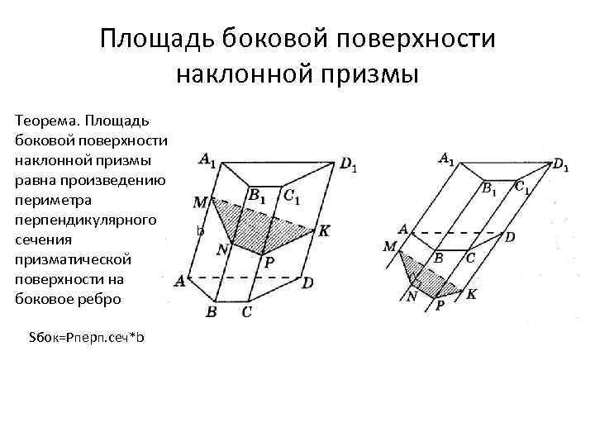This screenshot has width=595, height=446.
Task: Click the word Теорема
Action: coord(45,121)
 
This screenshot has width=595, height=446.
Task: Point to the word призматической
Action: coord(73,259)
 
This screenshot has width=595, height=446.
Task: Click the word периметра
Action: coord(53,200)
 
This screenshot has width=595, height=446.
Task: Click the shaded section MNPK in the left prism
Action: coord(260,226)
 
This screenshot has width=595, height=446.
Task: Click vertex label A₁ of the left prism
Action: coord(207,159)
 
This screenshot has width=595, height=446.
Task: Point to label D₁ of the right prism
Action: coord(560,165)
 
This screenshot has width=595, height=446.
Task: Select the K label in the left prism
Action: coord(324,231)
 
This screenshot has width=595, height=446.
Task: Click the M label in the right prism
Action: coord(390,246)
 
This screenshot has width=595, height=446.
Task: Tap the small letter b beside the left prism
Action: coord(200,231)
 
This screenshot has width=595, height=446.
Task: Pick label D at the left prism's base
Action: coord(307,283)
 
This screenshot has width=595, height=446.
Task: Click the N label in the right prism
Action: coord(412,296)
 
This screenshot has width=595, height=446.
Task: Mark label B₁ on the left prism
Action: coord(256,196)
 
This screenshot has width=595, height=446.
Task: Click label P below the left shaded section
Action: coord(269,262)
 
